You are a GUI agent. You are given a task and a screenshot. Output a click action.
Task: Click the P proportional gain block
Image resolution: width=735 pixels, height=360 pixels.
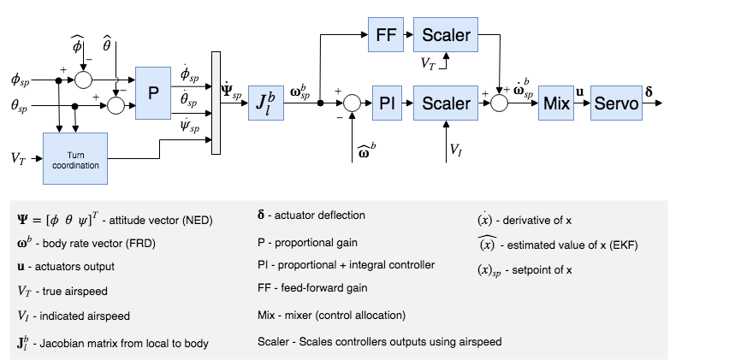(154, 94)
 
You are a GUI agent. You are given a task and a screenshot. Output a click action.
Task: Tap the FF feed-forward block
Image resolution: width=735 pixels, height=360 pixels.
(386, 35)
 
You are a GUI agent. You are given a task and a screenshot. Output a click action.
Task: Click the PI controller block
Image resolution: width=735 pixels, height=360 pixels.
(386, 103)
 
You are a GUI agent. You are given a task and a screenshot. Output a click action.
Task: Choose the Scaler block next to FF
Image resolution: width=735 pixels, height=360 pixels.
(446, 35)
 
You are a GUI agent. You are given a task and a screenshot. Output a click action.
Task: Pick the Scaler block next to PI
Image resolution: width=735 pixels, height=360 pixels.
(446, 103)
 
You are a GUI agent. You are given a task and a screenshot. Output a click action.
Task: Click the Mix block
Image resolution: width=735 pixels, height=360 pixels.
(556, 103)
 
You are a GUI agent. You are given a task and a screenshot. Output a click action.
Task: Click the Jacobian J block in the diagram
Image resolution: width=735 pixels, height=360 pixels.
(266, 103)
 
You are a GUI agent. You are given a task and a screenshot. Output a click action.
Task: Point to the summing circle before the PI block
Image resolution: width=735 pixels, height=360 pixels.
(349, 103)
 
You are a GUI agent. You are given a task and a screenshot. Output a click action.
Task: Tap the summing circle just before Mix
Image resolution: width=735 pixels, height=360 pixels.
(499, 103)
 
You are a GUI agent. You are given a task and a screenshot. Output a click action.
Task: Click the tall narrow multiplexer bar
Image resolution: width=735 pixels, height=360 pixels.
(216, 103)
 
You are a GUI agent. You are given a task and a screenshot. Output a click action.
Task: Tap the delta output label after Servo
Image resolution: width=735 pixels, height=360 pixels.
(661, 90)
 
